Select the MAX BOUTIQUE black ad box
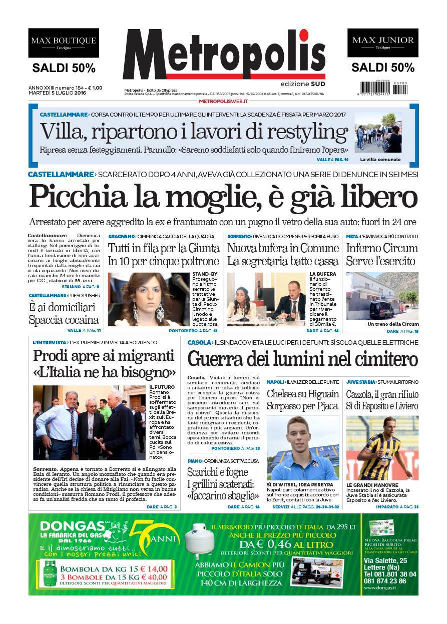point(64,43)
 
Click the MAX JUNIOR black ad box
point(382,43)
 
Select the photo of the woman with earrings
point(149,299)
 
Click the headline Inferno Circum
point(382,248)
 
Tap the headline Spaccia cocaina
point(64,320)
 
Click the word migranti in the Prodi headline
point(151,356)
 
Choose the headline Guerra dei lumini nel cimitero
point(302,359)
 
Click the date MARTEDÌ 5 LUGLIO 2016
point(57,93)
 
